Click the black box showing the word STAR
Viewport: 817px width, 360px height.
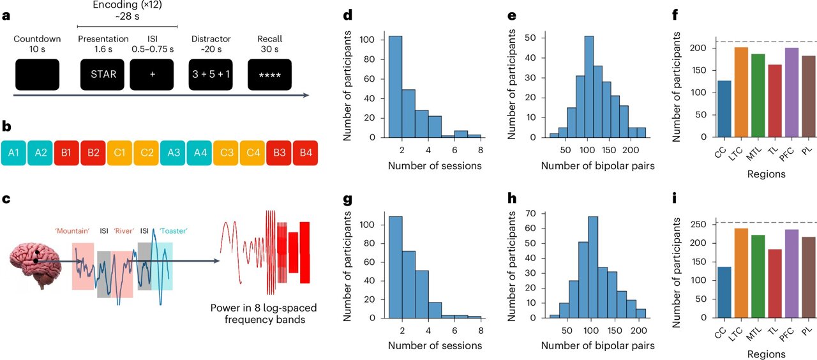103,74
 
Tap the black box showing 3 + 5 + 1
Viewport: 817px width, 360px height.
211,74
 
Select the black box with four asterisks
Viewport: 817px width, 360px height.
269,74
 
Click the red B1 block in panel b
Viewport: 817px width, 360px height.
67,154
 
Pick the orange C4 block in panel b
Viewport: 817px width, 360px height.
253,154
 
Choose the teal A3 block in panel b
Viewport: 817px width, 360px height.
173,154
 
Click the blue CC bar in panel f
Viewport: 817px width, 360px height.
724,109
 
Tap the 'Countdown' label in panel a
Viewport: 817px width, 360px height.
36,38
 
